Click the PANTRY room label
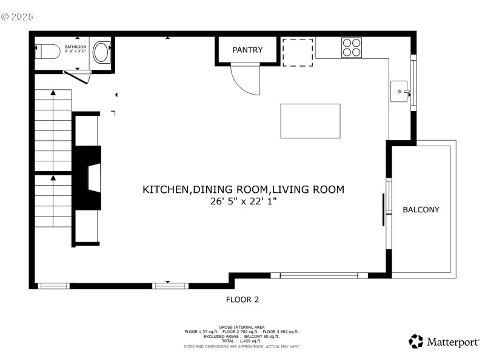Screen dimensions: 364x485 (247, 50)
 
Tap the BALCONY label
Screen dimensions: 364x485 (421, 209)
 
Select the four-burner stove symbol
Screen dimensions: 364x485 (352, 47)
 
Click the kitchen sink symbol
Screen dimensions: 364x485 (400, 92)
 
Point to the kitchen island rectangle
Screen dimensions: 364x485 (310, 121)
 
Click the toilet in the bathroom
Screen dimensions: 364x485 (50, 53)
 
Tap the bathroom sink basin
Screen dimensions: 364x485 (101, 53)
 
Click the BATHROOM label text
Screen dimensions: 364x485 (76, 47)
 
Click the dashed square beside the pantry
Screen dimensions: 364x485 (298, 52)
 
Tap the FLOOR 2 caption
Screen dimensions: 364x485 (242, 299)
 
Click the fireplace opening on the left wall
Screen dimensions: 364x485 (93, 178)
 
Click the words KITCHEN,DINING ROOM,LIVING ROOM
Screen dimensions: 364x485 (243, 189)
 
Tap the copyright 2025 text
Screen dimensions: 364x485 (18, 16)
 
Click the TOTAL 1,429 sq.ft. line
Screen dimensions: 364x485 (242, 341)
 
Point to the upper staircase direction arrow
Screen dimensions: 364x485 (53, 92)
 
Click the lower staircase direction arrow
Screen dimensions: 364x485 (53, 178)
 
